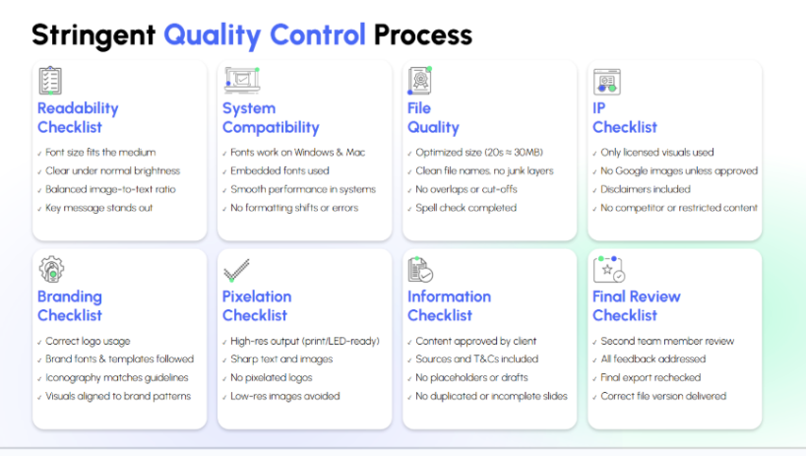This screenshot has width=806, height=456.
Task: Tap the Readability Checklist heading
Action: (78, 117)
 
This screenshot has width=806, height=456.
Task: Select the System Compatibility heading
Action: (271, 117)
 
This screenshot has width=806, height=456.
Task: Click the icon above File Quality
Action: (420, 80)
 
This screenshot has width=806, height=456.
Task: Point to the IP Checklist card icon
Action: (605, 80)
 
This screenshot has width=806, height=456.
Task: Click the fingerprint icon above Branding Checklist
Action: (50, 269)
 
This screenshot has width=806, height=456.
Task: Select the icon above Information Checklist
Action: (420, 269)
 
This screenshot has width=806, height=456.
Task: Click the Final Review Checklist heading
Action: (637, 305)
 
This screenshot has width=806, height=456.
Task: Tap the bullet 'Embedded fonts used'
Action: (279, 170)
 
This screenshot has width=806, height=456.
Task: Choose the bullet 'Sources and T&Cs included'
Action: (476, 359)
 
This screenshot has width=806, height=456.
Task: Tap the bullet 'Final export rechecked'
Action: (654, 377)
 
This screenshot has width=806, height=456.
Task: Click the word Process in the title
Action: (422, 36)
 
